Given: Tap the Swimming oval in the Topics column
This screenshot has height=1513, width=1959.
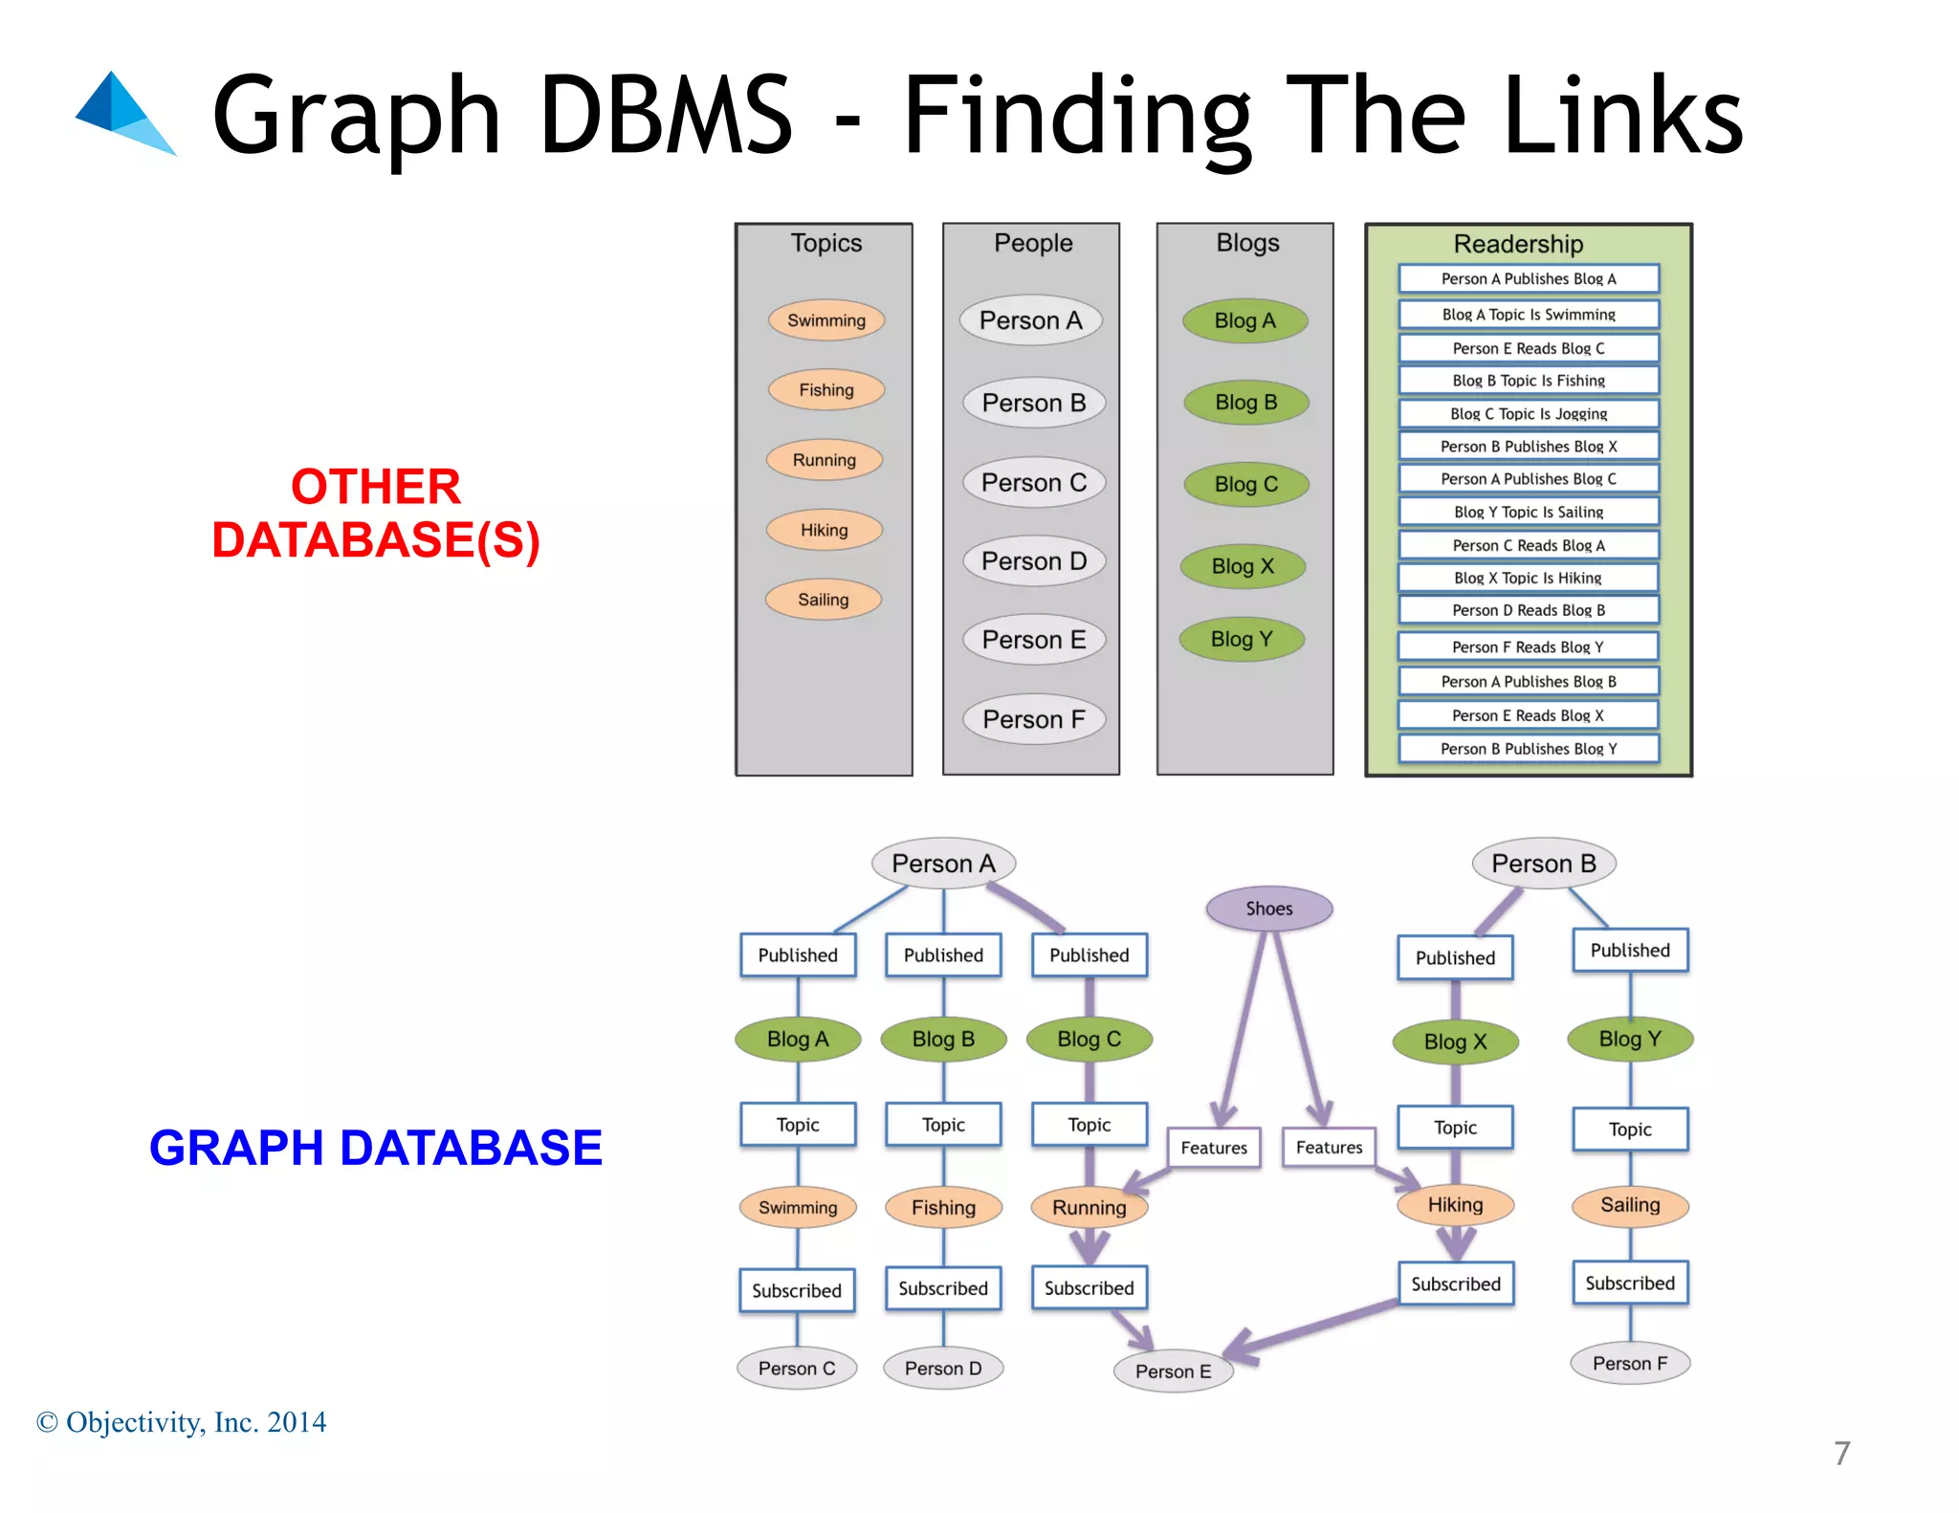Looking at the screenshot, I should [x=825, y=320].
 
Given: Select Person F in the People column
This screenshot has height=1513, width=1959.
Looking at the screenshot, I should [x=1033, y=719].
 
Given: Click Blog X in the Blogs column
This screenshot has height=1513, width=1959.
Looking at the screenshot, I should [x=1243, y=566].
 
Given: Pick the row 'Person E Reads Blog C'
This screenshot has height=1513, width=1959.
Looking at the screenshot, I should [x=1528, y=348].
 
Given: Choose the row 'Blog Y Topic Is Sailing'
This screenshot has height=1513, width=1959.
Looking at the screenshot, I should [x=1528, y=512].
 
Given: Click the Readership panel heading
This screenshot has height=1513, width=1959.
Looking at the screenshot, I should [x=1518, y=244].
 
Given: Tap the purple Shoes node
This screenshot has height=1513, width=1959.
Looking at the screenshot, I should [x=1268, y=909].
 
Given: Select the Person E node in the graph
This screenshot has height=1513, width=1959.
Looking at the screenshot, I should [x=1173, y=1371].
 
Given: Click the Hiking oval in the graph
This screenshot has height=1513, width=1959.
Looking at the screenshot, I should [x=1455, y=1205].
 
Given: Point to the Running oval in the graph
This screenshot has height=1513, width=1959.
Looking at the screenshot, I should [x=1089, y=1208].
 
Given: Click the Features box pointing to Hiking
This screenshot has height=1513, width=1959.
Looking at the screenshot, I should [x=1329, y=1148].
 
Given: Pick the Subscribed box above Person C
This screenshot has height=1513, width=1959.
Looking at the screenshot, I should [x=797, y=1290].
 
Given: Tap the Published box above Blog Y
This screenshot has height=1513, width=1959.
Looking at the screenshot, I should [x=1630, y=951].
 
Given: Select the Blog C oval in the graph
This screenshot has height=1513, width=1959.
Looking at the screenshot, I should [x=1089, y=1040].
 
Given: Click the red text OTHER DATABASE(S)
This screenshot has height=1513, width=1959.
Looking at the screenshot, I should [x=376, y=514].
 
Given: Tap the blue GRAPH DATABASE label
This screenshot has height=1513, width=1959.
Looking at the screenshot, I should [x=376, y=1148].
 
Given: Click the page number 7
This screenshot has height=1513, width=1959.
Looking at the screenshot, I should [x=1841, y=1454].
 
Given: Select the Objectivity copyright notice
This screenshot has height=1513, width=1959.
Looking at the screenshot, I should [x=182, y=1422].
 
